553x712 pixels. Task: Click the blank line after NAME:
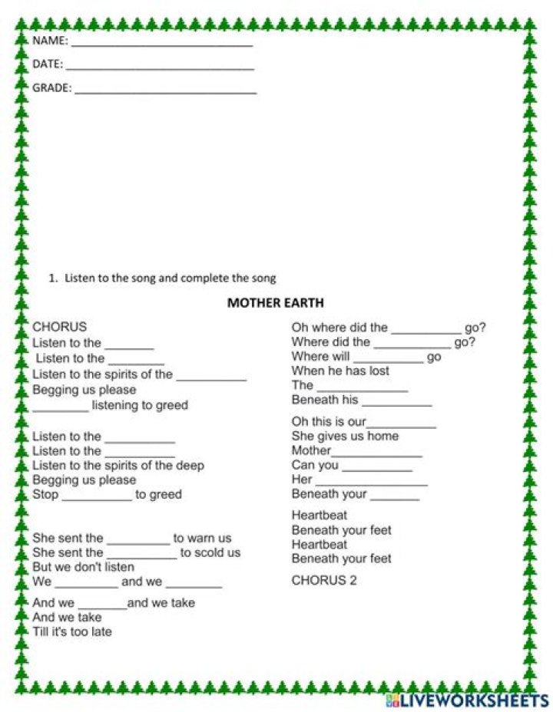click(x=161, y=44)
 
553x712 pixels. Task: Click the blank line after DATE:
click(x=160, y=67)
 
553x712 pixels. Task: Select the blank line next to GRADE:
click(x=165, y=91)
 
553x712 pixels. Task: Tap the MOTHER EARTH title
click(x=276, y=302)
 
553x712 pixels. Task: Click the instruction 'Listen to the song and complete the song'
click(x=170, y=279)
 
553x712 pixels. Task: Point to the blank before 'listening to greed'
click(x=61, y=408)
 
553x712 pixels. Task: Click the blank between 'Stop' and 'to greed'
click(x=97, y=498)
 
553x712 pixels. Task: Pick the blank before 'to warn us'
click(x=138, y=541)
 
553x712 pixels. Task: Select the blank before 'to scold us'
click(x=141, y=555)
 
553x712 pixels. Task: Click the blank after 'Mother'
click(x=376, y=454)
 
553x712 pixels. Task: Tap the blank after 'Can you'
click(x=376, y=469)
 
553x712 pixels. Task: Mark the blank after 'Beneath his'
click(x=396, y=403)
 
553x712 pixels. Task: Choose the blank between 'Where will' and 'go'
click(x=388, y=360)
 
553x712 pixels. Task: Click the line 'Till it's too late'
click(x=72, y=632)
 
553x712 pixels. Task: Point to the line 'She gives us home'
click(x=345, y=436)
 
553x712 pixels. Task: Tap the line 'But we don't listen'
click(x=83, y=567)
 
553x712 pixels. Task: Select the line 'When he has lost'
click(x=340, y=371)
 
